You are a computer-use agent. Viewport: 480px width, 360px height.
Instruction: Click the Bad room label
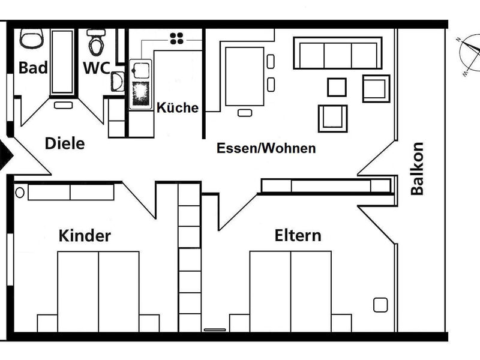click(x=33, y=68)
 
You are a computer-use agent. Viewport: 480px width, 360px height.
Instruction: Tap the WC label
click(x=96, y=68)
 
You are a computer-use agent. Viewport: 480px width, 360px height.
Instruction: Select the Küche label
click(x=178, y=108)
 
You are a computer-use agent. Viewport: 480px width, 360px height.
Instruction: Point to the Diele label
click(x=65, y=144)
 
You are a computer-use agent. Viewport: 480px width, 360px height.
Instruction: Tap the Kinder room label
click(x=85, y=235)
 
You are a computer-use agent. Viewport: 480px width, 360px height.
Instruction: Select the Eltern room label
click(x=298, y=235)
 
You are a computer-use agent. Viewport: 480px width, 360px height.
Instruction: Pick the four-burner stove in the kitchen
click(x=177, y=38)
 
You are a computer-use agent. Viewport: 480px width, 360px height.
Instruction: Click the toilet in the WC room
click(x=96, y=41)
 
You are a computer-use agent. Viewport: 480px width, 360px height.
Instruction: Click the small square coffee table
click(x=337, y=87)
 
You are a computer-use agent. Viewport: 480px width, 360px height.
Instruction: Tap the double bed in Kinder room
click(x=98, y=291)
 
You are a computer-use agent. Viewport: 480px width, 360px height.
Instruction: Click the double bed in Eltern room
click(x=290, y=291)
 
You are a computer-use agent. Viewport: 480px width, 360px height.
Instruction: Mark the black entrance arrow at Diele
click(x=5, y=156)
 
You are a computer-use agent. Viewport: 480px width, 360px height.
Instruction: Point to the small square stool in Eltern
click(x=380, y=305)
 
